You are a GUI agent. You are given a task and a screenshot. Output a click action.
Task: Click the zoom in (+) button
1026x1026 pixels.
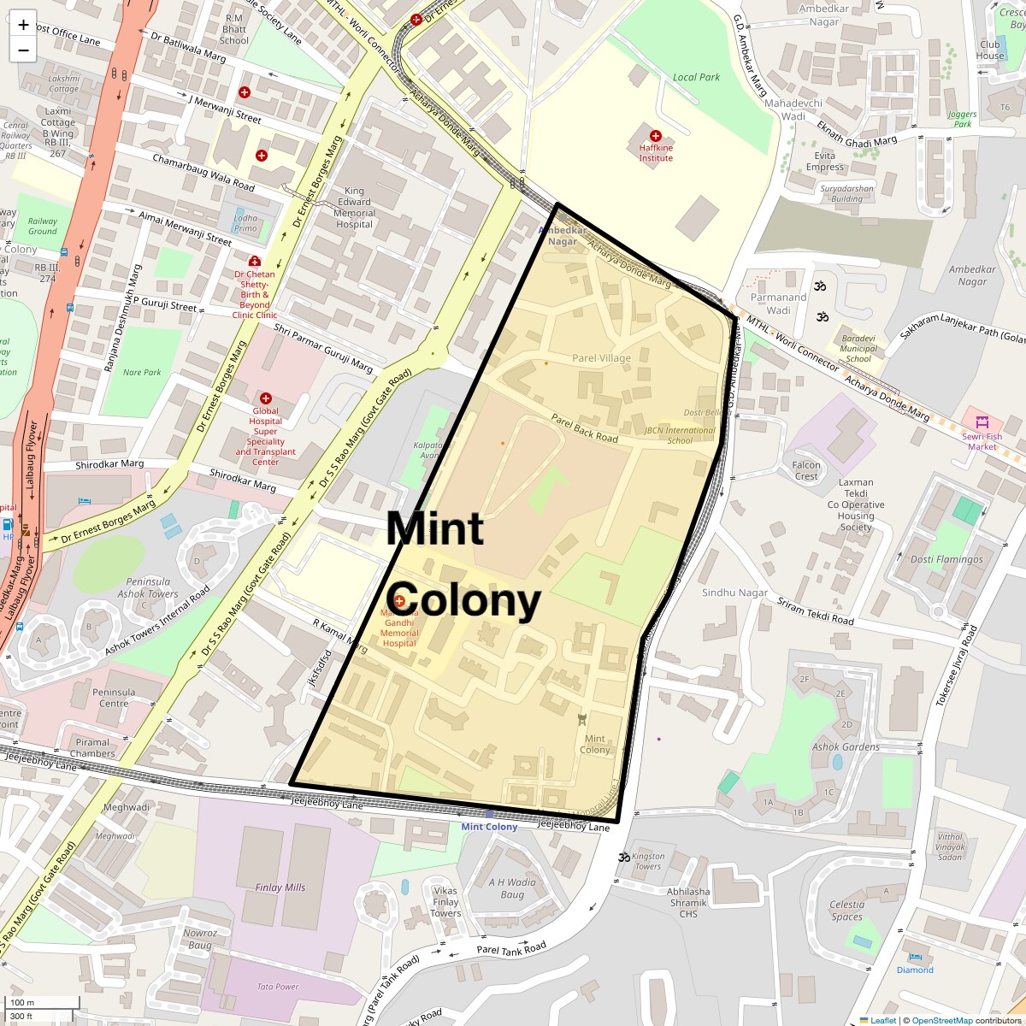coord(23,25)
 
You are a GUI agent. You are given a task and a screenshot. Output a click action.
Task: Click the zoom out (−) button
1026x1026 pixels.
coord(23,50)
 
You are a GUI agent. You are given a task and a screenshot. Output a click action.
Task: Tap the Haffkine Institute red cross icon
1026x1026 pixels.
coord(656,136)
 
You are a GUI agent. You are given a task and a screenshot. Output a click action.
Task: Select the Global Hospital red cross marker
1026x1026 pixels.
coord(265,398)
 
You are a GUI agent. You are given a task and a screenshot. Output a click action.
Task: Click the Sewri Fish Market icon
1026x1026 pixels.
coord(982,422)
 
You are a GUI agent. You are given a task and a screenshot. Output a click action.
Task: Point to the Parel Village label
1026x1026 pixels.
coord(601,358)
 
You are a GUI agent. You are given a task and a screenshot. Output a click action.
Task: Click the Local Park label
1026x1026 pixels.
coord(696,77)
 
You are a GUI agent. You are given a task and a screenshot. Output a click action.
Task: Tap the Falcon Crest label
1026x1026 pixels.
coord(806,471)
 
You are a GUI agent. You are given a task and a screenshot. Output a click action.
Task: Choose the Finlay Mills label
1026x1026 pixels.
coord(280,887)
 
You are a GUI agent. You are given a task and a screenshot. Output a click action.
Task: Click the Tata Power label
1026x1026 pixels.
coord(278,987)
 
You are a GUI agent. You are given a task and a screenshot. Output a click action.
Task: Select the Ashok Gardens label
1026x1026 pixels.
coord(846,746)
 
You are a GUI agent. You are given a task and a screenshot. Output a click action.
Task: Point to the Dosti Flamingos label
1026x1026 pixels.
coord(946,560)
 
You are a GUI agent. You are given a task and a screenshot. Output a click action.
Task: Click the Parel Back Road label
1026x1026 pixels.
coord(584,427)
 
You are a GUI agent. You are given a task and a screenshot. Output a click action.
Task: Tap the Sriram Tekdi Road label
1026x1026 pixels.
coord(815,612)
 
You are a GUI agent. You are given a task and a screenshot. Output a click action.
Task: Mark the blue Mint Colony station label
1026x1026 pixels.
coord(489,827)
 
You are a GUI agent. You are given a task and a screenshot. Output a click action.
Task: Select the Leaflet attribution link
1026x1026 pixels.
coord(883,1020)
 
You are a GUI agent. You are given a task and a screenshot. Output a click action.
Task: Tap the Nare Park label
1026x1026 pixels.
coord(142,373)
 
